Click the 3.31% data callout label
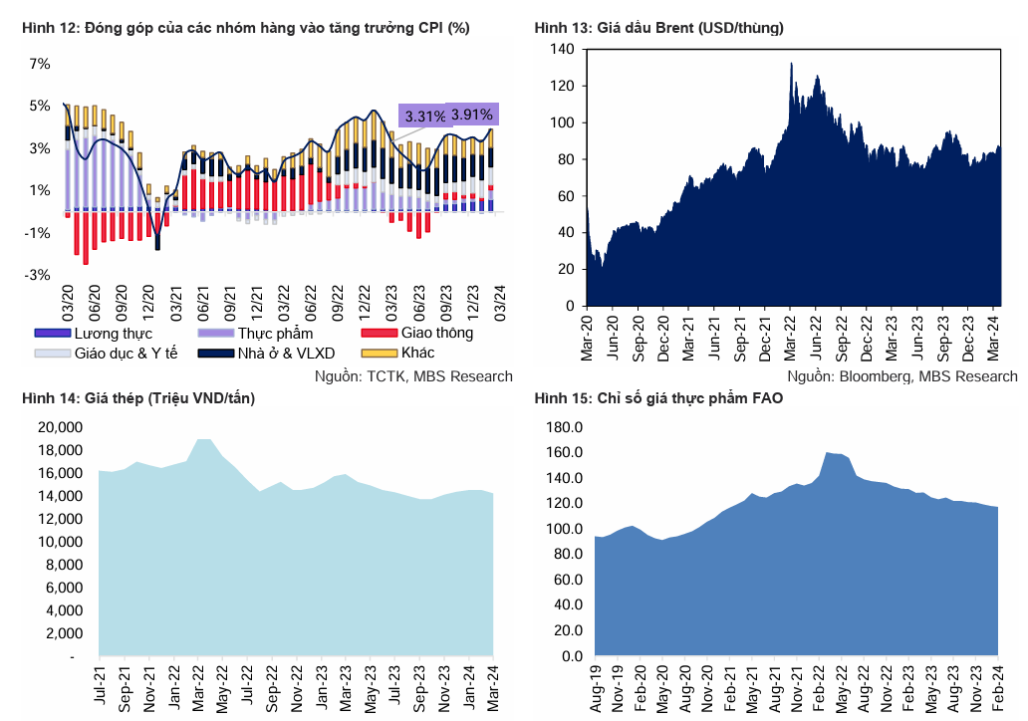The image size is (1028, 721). [425, 117]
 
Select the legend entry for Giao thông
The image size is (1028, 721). [436, 333]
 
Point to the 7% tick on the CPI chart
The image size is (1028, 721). [40, 64]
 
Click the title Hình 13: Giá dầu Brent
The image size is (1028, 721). [658, 28]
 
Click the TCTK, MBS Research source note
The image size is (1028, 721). [413, 376]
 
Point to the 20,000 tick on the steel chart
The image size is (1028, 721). [63, 426]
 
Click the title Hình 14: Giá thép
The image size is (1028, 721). [137, 399]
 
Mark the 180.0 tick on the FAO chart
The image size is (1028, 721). [564, 427]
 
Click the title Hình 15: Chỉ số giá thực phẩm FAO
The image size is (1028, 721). [658, 399]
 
